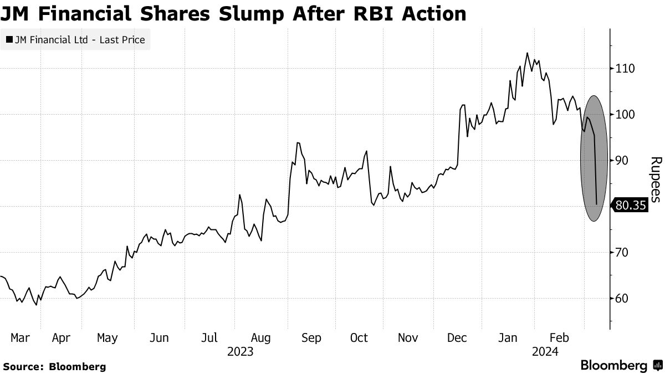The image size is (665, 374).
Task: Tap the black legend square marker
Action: coord(9,40)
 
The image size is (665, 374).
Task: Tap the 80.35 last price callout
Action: coord(631,206)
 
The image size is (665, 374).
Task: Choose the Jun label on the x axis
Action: coord(160,338)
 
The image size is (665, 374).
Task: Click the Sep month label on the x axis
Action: coord(311,338)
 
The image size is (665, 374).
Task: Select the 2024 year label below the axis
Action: coord(545,351)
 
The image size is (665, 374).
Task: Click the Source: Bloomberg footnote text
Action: coord(54,366)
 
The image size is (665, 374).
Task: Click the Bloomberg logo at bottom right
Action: coord(621,366)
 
